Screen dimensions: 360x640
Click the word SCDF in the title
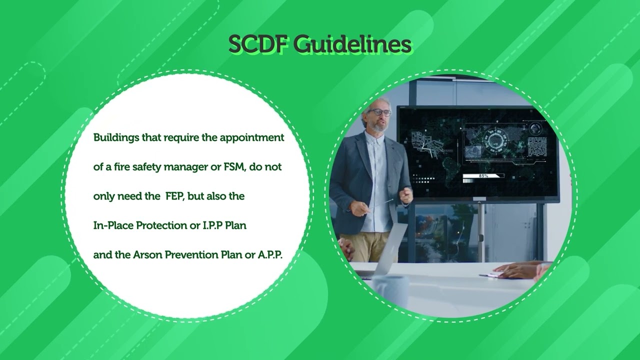258,45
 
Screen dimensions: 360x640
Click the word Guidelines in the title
352,45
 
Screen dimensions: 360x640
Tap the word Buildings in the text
116,137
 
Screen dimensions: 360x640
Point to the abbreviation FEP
175,196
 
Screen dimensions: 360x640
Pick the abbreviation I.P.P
212,225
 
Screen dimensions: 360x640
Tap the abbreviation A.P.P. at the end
270,254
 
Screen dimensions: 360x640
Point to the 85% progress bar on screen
483,176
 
